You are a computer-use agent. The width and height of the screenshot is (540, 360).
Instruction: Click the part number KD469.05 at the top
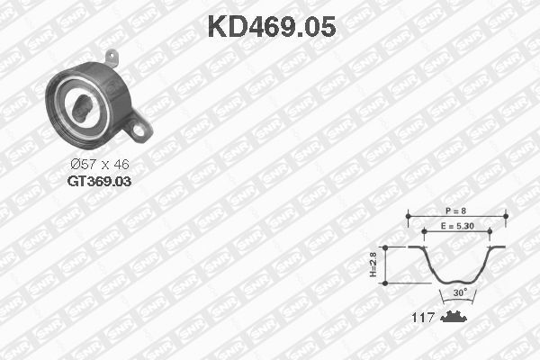[272, 27]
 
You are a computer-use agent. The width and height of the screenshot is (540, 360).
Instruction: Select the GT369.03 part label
[99, 181]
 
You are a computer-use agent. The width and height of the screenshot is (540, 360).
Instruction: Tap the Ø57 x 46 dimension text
[100, 165]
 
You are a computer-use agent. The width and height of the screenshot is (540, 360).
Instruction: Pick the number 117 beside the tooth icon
[423, 318]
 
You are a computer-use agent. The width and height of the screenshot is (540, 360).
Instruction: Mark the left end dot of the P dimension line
[408, 215]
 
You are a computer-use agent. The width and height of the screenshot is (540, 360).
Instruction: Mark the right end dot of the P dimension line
[505, 215]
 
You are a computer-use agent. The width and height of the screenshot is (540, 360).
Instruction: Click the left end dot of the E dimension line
[425, 232]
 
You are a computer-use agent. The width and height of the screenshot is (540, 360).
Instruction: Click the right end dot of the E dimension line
[489, 232]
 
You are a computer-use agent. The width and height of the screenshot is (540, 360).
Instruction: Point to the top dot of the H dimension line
[384, 247]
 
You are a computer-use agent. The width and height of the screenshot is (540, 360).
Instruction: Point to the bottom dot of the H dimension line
[384, 283]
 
